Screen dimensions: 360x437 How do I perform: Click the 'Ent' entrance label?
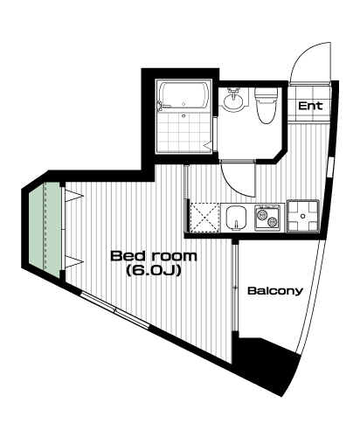[310, 106]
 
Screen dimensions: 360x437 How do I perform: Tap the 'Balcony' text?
[275, 291]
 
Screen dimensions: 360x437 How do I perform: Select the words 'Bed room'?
[154, 256]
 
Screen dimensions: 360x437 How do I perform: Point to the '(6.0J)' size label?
[154, 271]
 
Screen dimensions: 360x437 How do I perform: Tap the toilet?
[267, 105]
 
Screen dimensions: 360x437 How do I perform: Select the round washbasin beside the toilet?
[233, 101]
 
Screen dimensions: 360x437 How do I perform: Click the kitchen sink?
[236, 218]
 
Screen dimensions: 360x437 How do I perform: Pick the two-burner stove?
[269, 218]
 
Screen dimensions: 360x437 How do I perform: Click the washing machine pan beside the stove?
[303, 216]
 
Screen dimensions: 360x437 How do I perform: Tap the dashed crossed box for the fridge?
[204, 218]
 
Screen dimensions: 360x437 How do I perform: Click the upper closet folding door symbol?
[73, 195]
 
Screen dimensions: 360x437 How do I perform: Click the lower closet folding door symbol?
[73, 262]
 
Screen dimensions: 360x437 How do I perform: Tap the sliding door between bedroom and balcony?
[235, 287]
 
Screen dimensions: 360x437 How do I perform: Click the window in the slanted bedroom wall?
[114, 310]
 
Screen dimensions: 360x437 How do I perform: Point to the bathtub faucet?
[160, 107]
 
